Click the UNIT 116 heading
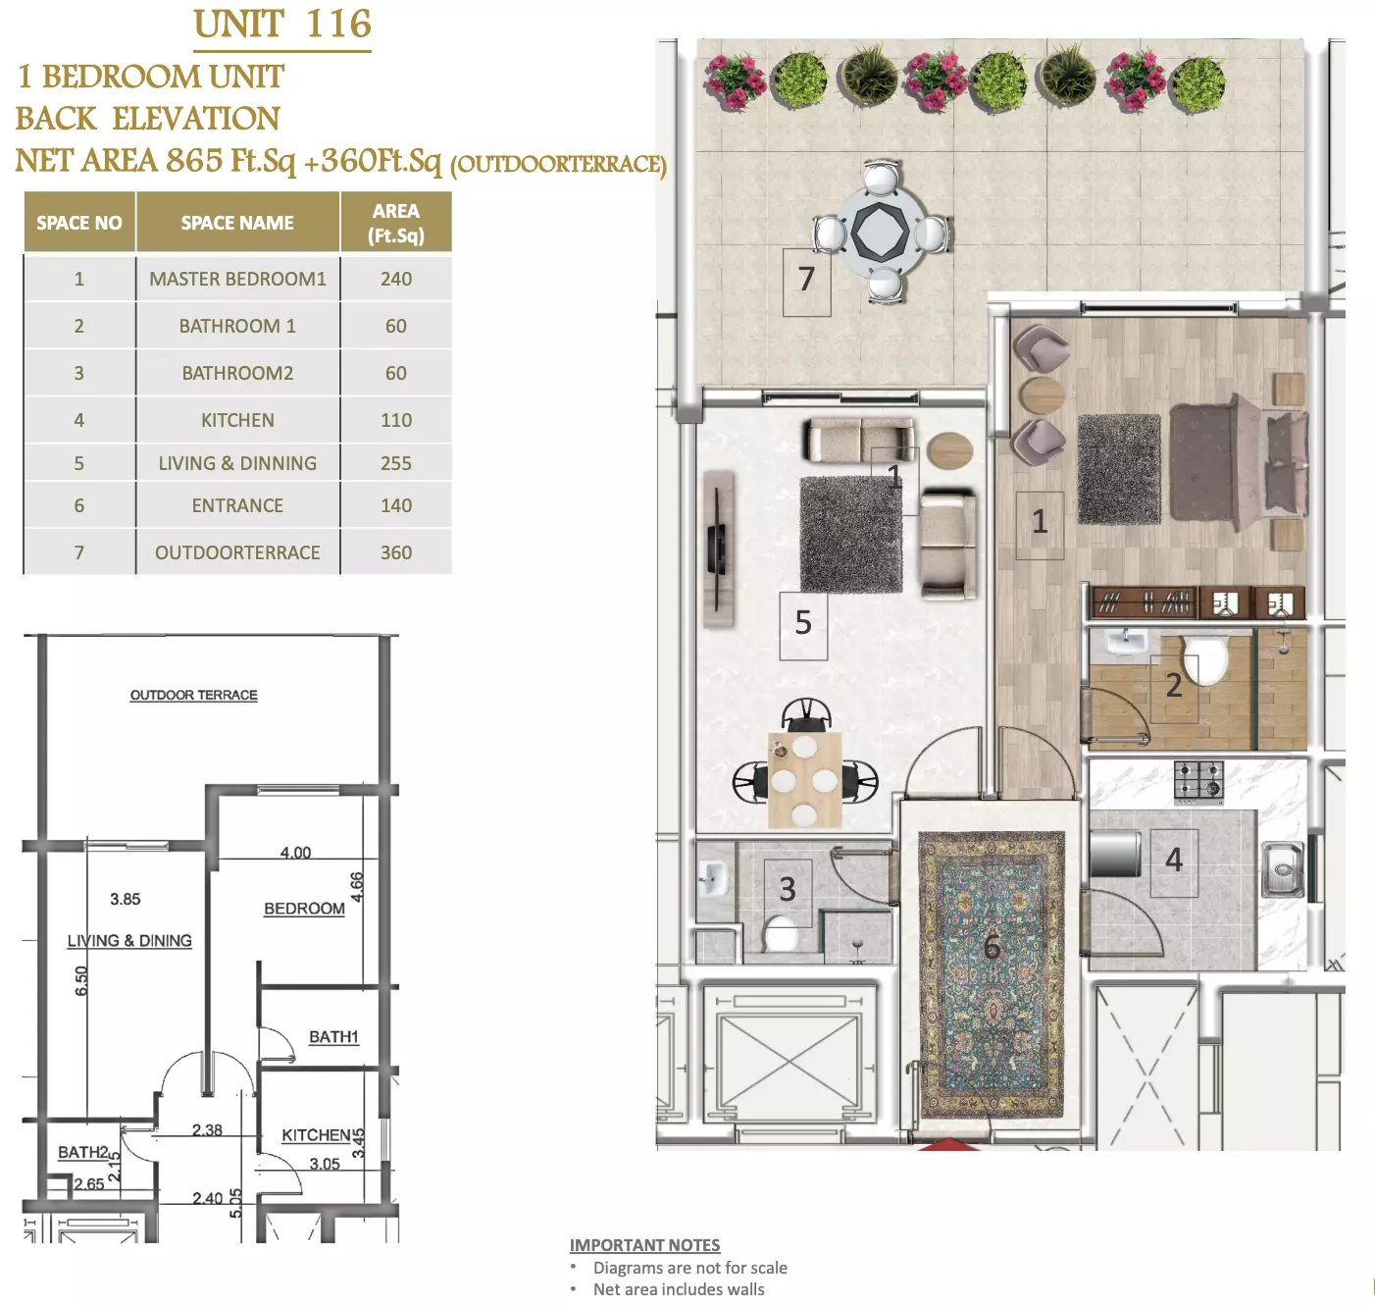pyautogui.click(x=281, y=26)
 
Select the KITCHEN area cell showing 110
pyautogui.click(x=396, y=420)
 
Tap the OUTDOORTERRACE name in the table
pyautogui.click(x=237, y=552)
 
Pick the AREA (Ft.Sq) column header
pyautogui.click(x=396, y=223)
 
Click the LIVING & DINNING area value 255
pyautogui.click(x=396, y=463)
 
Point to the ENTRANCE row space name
pyautogui.click(x=237, y=505)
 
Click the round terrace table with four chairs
pyautogui.click(x=881, y=232)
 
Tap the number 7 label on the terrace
pyautogui.click(x=806, y=280)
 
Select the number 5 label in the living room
pyautogui.click(x=803, y=623)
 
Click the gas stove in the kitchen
pyautogui.click(x=1198, y=781)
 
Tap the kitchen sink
pyautogui.click(x=1282, y=869)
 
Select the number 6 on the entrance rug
pyautogui.click(x=992, y=947)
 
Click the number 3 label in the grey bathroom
pyautogui.click(x=788, y=889)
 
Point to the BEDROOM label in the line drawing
pyautogui.click(x=304, y=909)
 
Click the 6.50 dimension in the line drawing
pyautogui.click(x=81, y=980)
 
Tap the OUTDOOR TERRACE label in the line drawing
pyautogui.click(x=194, y=695)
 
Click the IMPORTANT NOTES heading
pyautogui.click(x=644, y=1245)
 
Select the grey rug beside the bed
pyautogui.click(x=1119, y=469)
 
